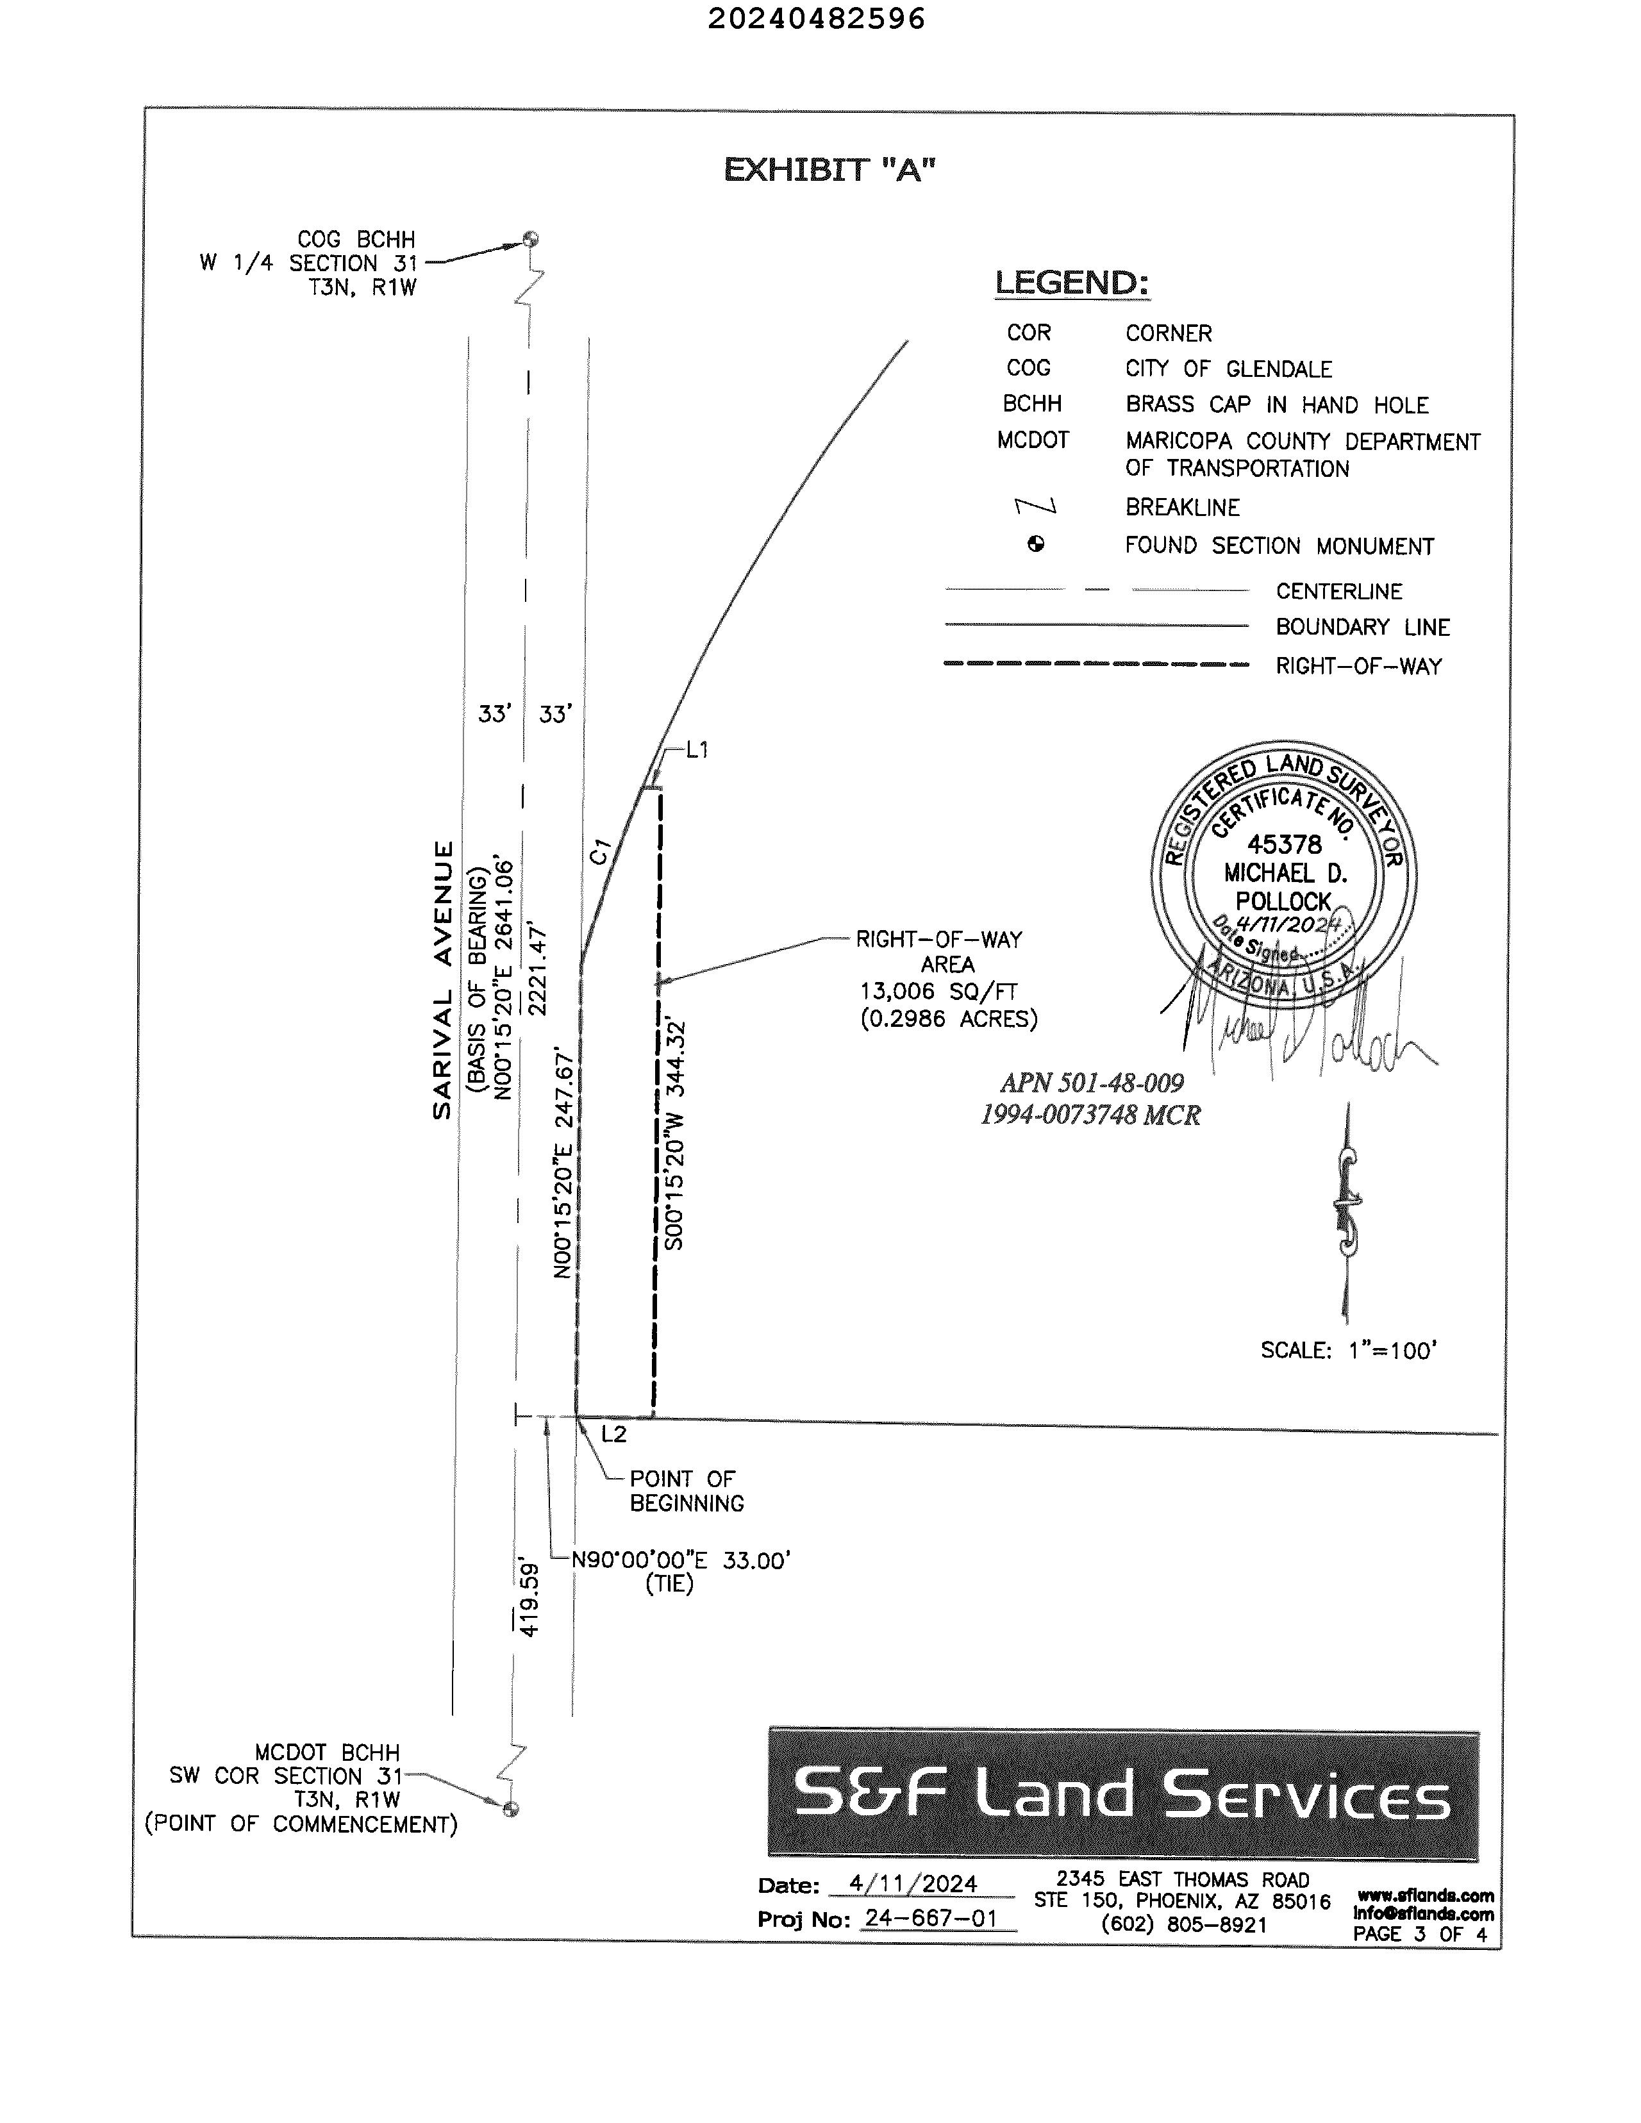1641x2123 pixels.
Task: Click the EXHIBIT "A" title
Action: tap(829, 170)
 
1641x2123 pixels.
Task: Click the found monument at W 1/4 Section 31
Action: tap(530, 239)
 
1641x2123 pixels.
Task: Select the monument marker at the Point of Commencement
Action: tap(510, 1808)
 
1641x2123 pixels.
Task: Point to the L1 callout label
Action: tap(697, 749)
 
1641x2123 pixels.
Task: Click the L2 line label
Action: tap(613, 1434)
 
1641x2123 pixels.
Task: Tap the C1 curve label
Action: tap(600, 851)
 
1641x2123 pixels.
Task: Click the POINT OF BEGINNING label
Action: tap(687, 1491)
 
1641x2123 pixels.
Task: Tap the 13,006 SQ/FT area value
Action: tap(938, 992)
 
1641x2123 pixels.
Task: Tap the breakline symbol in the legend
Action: tap(1035, 506)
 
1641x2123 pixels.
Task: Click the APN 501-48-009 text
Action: tap(1092, 1082)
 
